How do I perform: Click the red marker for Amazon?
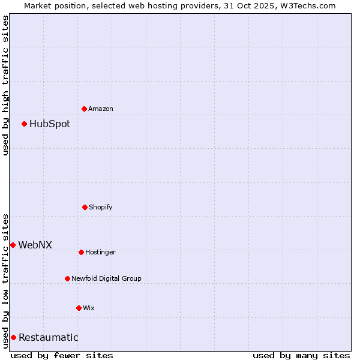coord(84,109)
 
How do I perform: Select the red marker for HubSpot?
coord(25,124)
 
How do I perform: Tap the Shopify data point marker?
coord(85,207)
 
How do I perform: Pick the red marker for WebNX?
coord(13,245)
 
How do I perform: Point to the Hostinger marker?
coord(81,252)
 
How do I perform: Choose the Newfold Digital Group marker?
coord(67,278)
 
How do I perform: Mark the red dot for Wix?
coord(79,308)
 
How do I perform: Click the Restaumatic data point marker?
coord(13,337)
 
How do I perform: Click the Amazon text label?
coord(101,109)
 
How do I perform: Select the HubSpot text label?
coord(50,124)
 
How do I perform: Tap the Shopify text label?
coord(101,208)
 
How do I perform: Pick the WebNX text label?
coord(35,245)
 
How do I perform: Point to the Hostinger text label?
coord(100,253)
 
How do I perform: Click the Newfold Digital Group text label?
coord(106,279)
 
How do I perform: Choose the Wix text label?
coord(89,308)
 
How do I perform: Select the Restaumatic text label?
coord(48,338)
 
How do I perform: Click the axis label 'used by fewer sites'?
coord(62,355)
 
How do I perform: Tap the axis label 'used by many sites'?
coord(301,355)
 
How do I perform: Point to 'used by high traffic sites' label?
coord(5,85)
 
